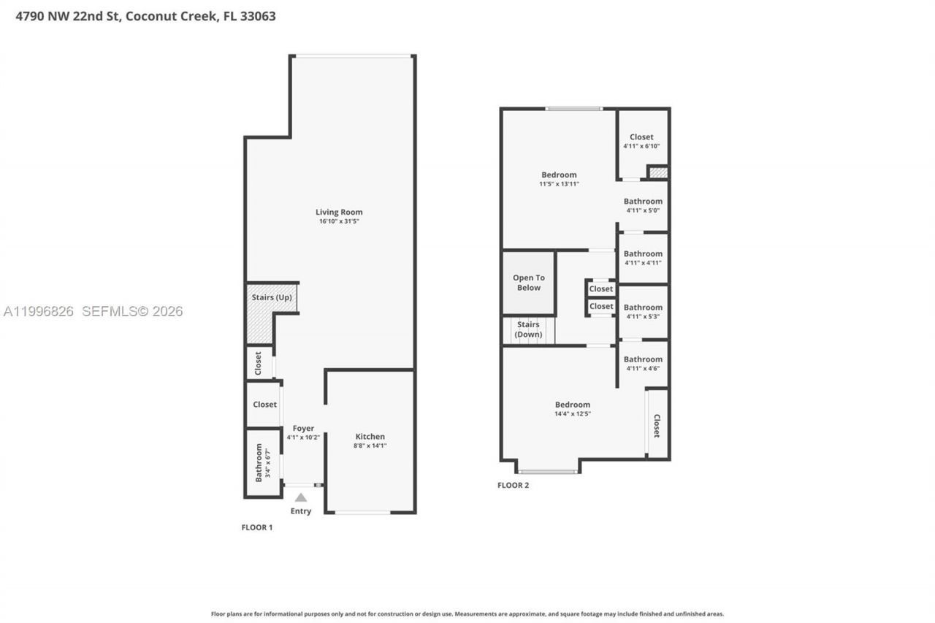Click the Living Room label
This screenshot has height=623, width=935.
pos(340,212)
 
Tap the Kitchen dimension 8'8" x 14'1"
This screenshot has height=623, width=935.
pos(370,445)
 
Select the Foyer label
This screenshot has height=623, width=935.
pos(303,429)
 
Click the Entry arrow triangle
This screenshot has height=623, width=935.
pos(301,497)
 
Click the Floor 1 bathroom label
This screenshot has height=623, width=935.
pos(259,463)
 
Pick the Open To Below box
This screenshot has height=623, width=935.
pos(528,283)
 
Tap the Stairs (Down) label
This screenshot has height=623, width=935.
pos(528,329)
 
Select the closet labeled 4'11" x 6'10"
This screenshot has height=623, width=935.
pos(642,141)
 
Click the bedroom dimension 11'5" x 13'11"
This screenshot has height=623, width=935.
pos(559,184)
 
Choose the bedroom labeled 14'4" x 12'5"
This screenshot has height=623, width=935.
pos(573,409)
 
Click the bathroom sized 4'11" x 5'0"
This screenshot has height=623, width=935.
pos(643,205)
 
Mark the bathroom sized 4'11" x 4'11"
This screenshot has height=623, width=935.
pos(643,258)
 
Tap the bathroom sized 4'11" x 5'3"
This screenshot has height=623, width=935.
pos(643,312)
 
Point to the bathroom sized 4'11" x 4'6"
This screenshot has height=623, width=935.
pos(643,363)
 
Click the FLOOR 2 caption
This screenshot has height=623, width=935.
pos(513,485)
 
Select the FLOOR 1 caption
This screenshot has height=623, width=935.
pos(257,527)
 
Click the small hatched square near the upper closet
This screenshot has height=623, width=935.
pos(658,173)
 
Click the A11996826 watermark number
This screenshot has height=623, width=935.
pos(39,311)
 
